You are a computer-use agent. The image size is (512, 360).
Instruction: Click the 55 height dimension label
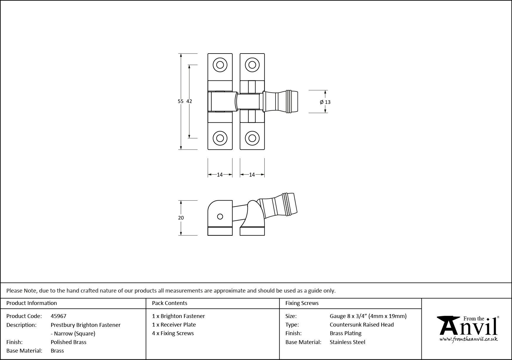[180, 101]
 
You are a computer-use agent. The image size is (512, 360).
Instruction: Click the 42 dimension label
[189, 101]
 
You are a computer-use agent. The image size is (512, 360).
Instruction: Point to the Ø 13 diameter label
[325, 102]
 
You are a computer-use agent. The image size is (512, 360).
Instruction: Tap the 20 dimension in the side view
[181, 218]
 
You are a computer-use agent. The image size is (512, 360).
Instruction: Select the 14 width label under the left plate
[220, 175]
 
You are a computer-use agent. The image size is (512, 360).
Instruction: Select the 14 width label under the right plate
[252, 175]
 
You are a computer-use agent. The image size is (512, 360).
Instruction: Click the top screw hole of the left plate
[220, 65]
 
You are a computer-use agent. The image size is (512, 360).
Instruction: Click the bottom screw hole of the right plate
[252, 138]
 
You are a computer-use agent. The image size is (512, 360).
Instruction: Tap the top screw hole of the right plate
[252, 65]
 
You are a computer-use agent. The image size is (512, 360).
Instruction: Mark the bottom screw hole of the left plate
[220, 138]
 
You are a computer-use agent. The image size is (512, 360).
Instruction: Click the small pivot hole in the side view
[220, 217]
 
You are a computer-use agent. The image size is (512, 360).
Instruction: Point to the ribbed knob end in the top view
[292, 102]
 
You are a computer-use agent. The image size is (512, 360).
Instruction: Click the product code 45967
[58, 316]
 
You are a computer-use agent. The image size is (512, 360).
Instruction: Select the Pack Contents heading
[170, 303]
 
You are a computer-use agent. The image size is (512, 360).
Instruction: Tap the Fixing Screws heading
[302, 303]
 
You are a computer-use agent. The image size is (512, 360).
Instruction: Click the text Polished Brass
[68, 342]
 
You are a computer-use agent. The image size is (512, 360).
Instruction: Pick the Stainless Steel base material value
[347, 342]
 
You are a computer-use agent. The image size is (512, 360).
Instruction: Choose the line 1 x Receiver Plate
[174, 325]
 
